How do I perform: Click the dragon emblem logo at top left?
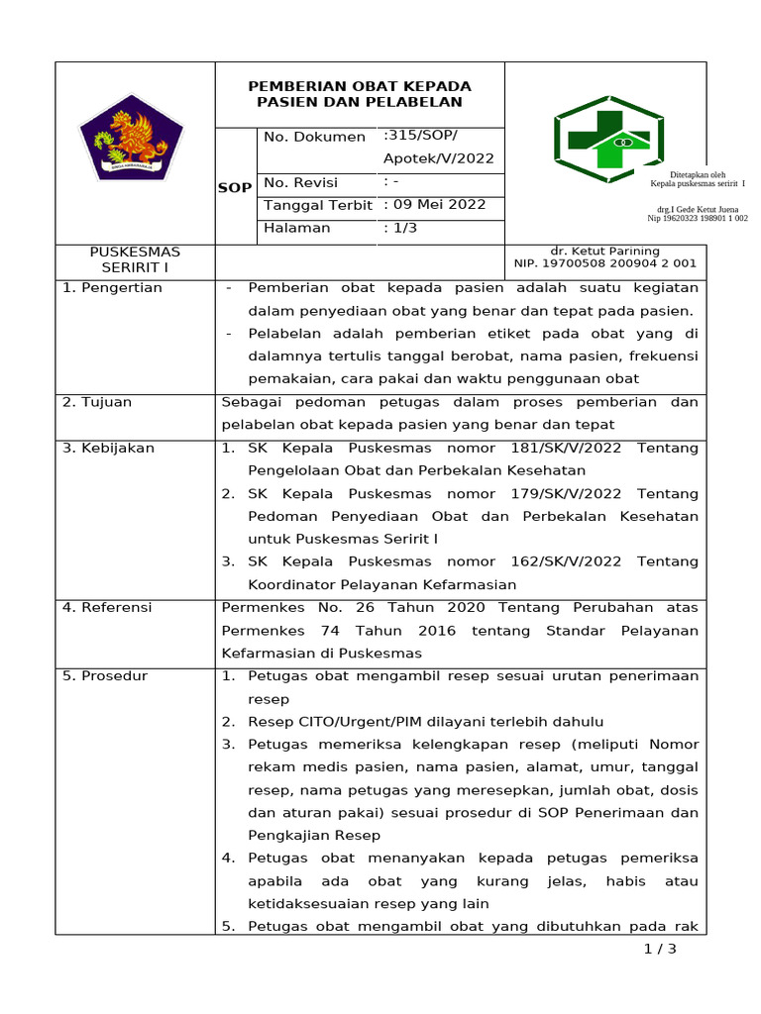[132, 139]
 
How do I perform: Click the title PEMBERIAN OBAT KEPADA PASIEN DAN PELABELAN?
[360, 94]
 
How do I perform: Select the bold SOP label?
[235, 187]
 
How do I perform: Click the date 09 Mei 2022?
[440, 205]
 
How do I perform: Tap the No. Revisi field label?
[301, 182]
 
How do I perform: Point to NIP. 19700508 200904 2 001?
[604, 263]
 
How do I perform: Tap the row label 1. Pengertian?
[112, 288]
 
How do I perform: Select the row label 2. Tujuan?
[97, 402]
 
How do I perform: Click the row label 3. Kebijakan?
[108, 448]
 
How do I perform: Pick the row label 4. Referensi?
[109, 607]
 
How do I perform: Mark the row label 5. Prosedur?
[105, 676]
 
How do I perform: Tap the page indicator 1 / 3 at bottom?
[659, 950]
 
